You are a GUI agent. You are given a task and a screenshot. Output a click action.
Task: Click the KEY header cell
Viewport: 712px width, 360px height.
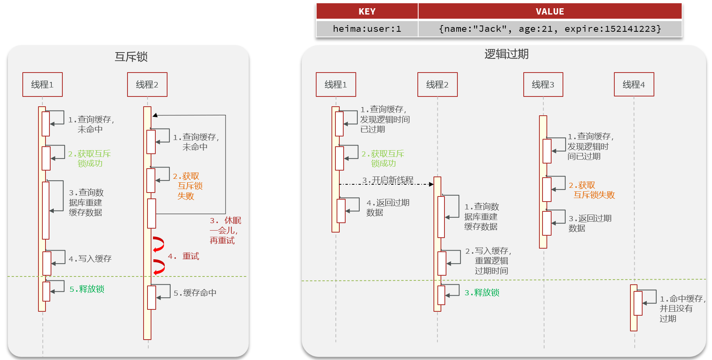(x=367, y=11)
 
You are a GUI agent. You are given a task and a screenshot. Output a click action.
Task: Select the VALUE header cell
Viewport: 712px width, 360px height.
(x=550, y=11)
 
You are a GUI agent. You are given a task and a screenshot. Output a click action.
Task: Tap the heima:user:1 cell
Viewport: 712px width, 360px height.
(x=367, y=29)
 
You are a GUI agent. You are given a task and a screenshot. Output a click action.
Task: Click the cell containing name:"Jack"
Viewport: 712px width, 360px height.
(x=550, y=29)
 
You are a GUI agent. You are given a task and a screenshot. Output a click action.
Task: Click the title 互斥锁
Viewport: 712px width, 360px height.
(x=131, y=57)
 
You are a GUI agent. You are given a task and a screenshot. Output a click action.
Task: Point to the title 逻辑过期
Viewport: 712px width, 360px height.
(x=506, y=54)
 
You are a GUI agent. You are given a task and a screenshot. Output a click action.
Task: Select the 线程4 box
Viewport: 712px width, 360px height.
(x=634, y=84)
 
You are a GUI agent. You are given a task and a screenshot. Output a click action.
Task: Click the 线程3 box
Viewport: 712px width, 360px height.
(x=543, y=84)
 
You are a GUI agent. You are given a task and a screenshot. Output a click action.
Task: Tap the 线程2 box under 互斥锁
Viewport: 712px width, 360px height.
(x=147, y=84)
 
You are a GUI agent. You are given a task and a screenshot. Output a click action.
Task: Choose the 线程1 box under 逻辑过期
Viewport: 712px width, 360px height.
(x=336, y=84)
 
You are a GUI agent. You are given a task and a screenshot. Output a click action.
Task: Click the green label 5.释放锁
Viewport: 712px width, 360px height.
(x=87, y=289)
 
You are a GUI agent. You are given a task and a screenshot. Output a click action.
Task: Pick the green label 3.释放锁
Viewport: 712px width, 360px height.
(x=482, y=293)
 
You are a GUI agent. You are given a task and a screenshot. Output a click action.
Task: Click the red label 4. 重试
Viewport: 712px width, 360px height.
(x=184, y=256)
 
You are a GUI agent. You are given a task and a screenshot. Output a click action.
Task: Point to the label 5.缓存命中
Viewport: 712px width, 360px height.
(x=195, y=293)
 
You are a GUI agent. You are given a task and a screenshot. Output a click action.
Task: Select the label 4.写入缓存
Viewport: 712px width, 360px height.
(x=90, y=259)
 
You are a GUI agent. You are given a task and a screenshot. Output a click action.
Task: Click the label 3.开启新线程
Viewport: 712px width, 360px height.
(x=388, y=180)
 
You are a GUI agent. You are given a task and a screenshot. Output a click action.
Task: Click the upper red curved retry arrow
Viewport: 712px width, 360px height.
(x=159, y=244)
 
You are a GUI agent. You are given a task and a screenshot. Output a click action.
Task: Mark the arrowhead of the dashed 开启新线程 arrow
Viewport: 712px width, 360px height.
(x=431, y=184)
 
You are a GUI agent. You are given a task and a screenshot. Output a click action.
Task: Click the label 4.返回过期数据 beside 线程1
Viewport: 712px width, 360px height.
(x=388, y=207)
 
